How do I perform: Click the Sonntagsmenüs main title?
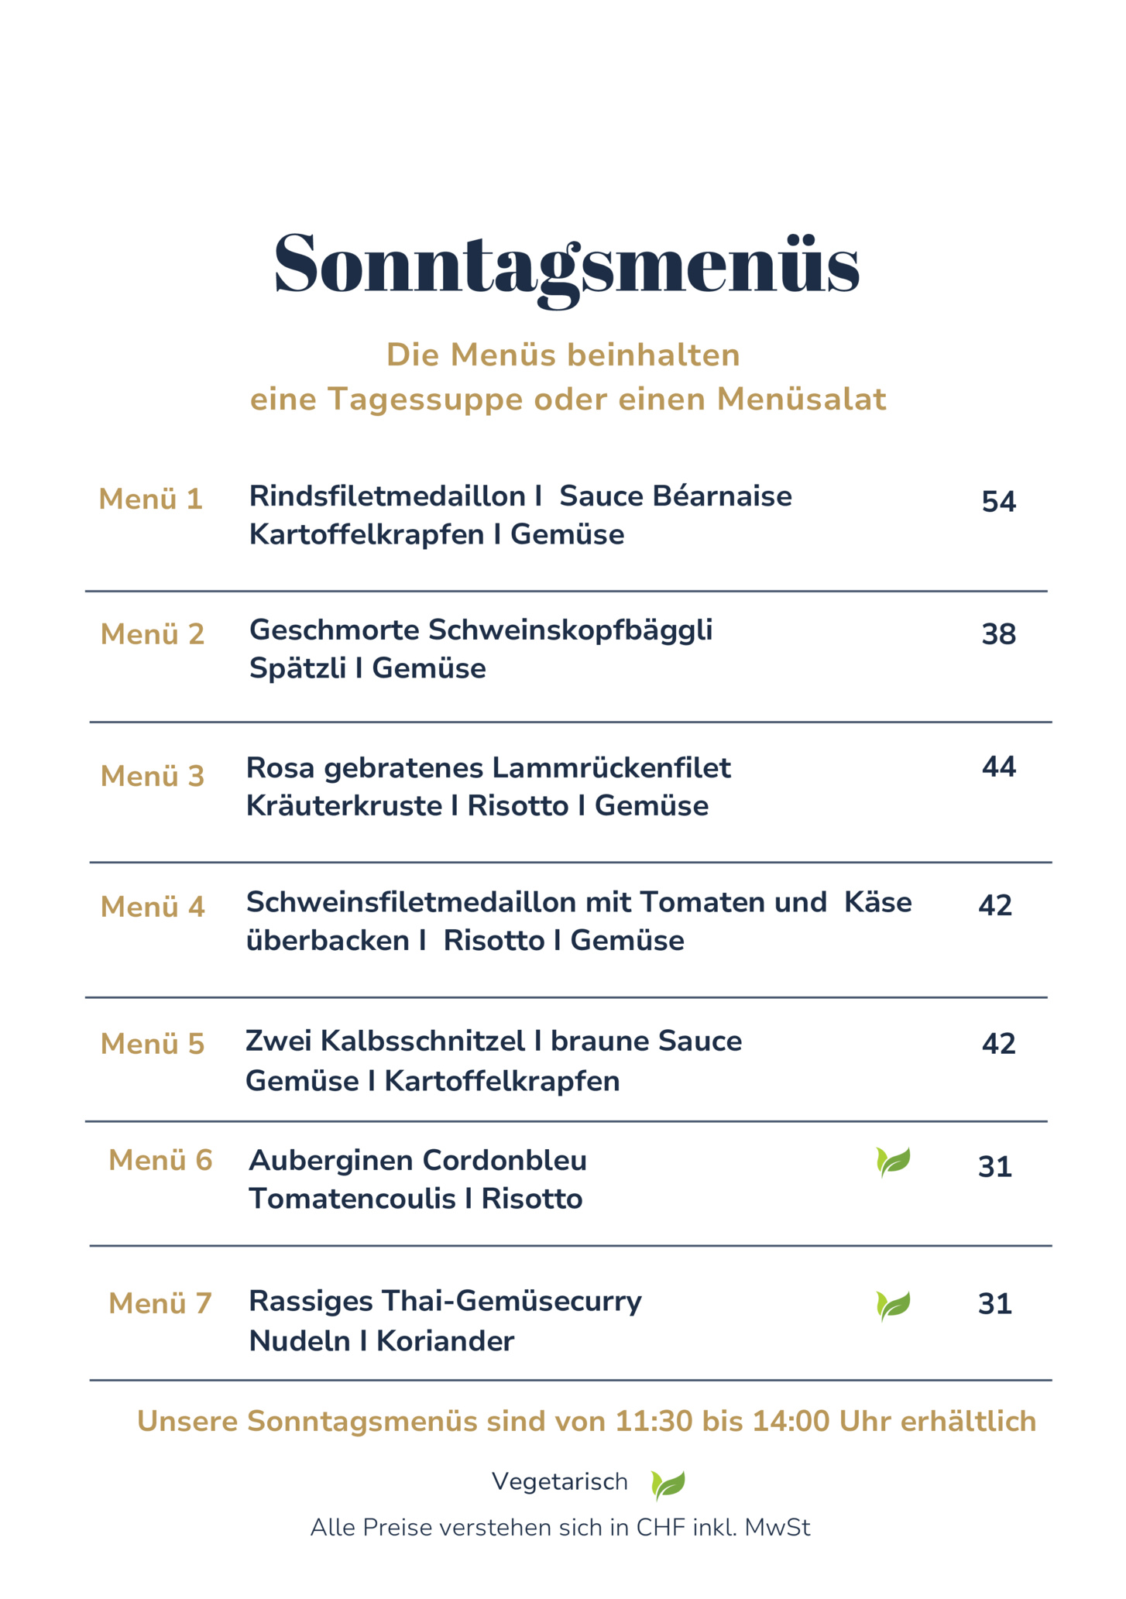[x=566, y=265]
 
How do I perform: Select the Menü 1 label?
[x=150, y=499]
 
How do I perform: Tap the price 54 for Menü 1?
[x=998, y=502]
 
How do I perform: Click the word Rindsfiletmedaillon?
[x=386, y=496]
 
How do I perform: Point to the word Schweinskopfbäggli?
[x=570, y=630]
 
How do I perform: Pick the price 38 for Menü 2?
[x=998, y=634]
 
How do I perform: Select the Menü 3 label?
[x=153, y=776]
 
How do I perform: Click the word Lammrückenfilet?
[x=611, y=768]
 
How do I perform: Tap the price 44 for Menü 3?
[x=998, y=767]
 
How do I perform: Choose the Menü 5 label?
[x=153, y=1044]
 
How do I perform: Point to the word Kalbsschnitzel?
[x=423, y=1041]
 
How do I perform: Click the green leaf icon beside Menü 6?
[x=893, y=1162]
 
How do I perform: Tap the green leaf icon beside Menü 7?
[x=893, y=1306]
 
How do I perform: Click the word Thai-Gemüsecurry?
[x=511, y=1302]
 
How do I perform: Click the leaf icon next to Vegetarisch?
[x=668, y=1484]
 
